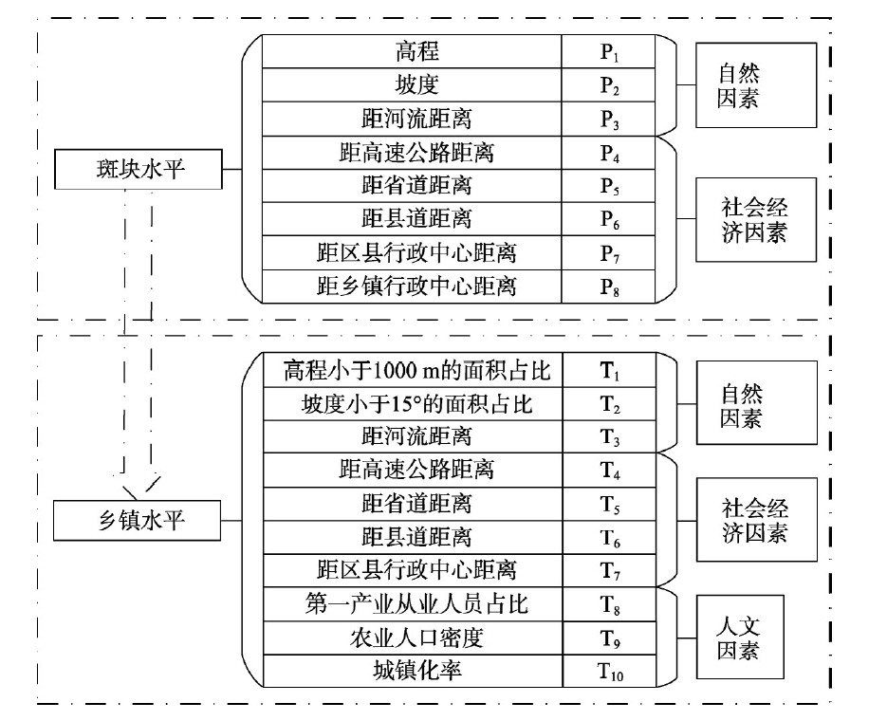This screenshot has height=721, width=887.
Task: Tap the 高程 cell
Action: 416,52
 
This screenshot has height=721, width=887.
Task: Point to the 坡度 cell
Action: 416,85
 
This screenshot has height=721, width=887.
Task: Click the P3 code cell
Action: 609,119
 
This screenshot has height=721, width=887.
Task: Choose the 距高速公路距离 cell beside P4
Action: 416,152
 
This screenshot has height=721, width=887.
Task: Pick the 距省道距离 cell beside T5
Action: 416,504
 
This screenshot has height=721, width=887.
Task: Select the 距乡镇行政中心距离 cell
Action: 416,285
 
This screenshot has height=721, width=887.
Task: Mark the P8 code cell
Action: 609,285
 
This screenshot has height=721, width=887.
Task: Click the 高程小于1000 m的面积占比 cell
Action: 416,370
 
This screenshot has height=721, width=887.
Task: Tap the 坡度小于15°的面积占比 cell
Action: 416,404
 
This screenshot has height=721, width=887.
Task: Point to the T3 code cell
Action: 609,437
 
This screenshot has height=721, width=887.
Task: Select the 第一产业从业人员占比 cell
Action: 416,603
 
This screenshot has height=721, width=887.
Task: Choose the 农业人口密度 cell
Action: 416,638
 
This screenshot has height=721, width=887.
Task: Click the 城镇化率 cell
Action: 416,672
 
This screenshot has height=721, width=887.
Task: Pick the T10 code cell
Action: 609,672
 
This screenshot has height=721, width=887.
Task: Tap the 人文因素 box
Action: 739,639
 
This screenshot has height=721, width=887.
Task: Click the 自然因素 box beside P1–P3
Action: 755,85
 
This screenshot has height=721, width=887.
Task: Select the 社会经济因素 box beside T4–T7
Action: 755,521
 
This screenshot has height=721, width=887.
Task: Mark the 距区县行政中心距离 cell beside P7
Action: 416,252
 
